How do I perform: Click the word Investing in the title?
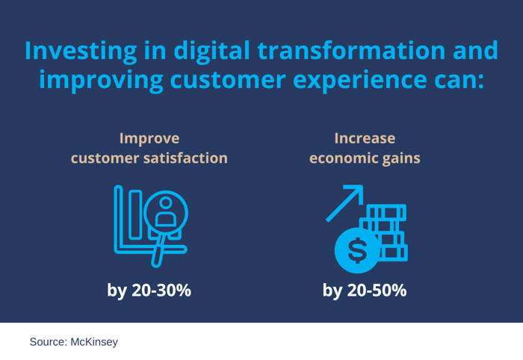click(x=80, y=51)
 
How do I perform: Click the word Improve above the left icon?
click(x=149, y=138)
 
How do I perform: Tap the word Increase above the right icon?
click(x=365, y=138)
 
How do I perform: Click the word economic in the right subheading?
click(x=341, y=158)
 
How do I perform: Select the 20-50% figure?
click(x=378, y=290)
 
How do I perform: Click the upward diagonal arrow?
click(x=344, y=203)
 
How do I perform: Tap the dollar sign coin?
click(x=357, y=250)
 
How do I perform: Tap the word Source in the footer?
click(x=47, y=342)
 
